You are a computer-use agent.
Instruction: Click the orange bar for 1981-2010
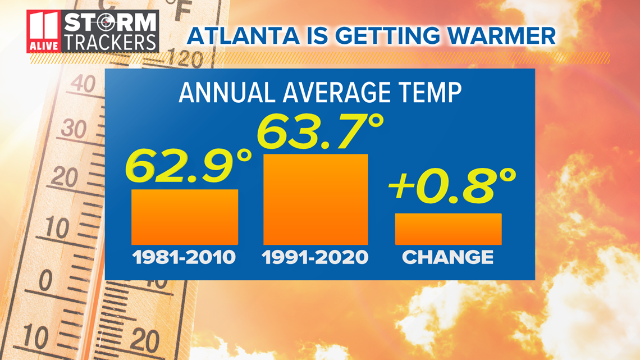pyautogui.click(x=185, y=217)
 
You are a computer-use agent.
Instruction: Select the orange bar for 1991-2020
pyautogui.click(x=316, y=199)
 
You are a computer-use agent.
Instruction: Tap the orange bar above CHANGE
pyautogui.click(x=448, y=229)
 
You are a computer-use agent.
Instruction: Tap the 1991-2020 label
pyautogui.click(x=316, y=258)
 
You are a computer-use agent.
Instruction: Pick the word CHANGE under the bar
pyautogui.click(x=448, y=258)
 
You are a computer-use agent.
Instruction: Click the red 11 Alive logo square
pyautogui.click(x=43, y=31)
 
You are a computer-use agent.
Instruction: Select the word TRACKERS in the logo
pyautogui.click(x=109, y=42)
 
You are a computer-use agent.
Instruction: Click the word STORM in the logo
pyautogui.click(x=109, y=23)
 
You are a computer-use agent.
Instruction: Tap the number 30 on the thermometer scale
pyautogui.click(x=74, y=130)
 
